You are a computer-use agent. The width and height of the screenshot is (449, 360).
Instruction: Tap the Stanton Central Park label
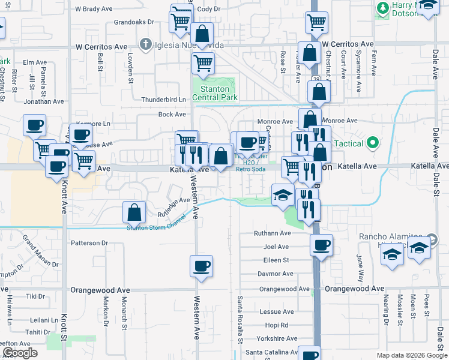pos(215,94)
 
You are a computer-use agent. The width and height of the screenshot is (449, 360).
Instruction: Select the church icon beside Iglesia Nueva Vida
pos(145,44)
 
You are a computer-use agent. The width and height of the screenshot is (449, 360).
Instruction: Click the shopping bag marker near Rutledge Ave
pos(134,212)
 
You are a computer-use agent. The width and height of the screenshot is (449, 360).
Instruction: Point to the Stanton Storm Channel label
pos(156,227)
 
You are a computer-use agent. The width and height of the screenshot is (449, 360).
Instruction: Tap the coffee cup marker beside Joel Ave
pos(322,245)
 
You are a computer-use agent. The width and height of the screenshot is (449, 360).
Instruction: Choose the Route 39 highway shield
pos(315,80)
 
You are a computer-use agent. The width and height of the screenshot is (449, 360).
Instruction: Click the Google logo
pos(19,353)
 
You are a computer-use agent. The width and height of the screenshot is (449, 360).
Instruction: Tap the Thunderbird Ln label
pos(163,100)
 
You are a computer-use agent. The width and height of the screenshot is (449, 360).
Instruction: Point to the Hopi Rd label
pos(276,325)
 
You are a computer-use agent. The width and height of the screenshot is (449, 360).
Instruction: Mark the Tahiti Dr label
pos(38,332)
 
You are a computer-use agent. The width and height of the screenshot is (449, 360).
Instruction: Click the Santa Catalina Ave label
pos(271,352)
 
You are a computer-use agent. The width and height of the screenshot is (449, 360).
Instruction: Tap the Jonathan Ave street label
pos(43,101)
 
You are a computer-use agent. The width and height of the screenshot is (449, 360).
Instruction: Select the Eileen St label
pos(276,260)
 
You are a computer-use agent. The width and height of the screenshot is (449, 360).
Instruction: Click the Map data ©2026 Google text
pos(412,355)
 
